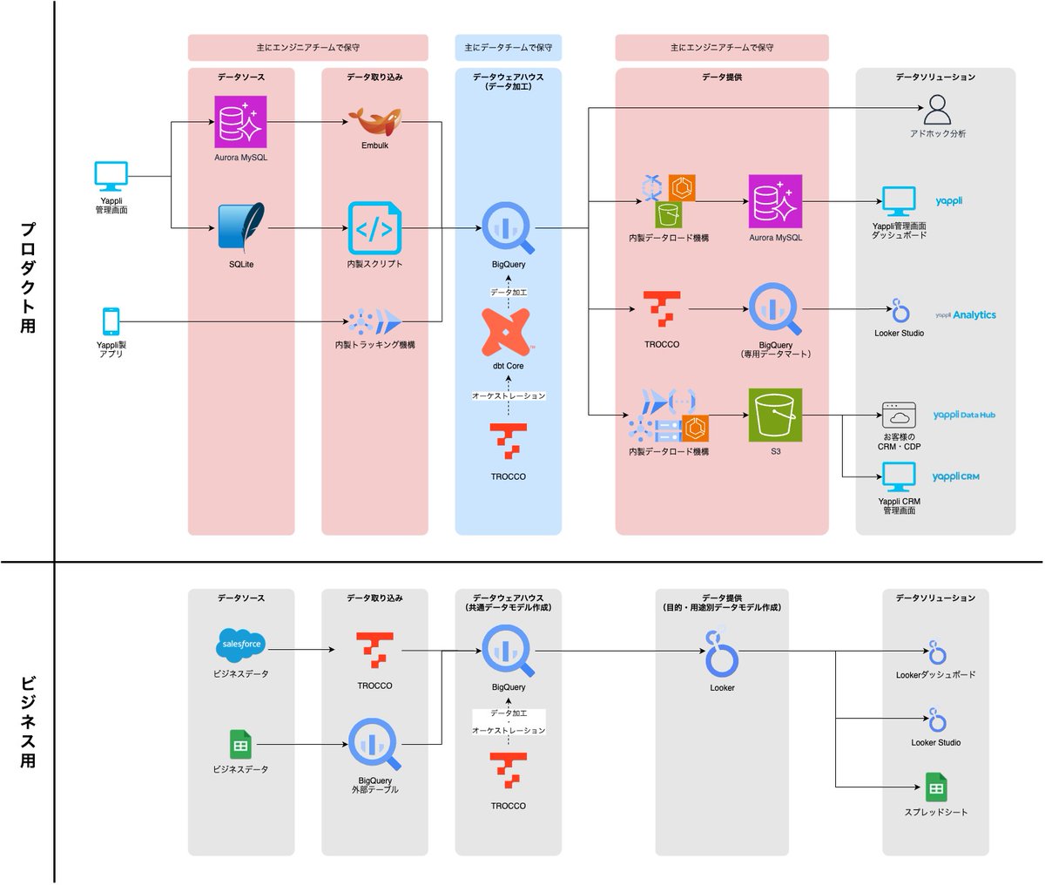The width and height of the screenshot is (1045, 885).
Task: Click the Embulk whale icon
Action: pos(374,122)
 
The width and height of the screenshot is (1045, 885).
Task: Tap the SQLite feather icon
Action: pos(241,228)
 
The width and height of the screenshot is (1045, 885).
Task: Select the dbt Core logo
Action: pos(508,333)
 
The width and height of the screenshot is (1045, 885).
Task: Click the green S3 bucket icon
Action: pos(775,415)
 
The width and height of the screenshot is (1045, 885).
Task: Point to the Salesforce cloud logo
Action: pos(240,645)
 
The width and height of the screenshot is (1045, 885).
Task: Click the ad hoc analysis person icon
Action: pos(937,110)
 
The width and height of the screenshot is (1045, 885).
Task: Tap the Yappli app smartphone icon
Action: pos(111,321)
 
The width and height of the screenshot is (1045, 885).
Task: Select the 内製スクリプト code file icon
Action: pos(374,228)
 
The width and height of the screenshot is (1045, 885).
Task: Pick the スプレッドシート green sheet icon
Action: pos(936,787)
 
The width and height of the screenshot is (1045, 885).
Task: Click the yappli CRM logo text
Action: pos(955,476)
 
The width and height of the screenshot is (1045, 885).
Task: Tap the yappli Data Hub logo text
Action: pos(963,415)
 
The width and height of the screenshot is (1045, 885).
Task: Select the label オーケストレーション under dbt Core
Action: pos(509,395)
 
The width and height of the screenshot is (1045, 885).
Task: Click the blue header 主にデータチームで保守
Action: pos(508,47)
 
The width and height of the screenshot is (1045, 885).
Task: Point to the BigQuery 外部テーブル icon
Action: pos(374,743)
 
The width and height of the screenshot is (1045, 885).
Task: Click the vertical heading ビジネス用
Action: pos(28,721)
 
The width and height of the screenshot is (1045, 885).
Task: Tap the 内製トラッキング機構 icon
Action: pos(374,321)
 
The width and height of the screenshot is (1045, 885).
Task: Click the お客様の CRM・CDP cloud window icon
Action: pos(899,415)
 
